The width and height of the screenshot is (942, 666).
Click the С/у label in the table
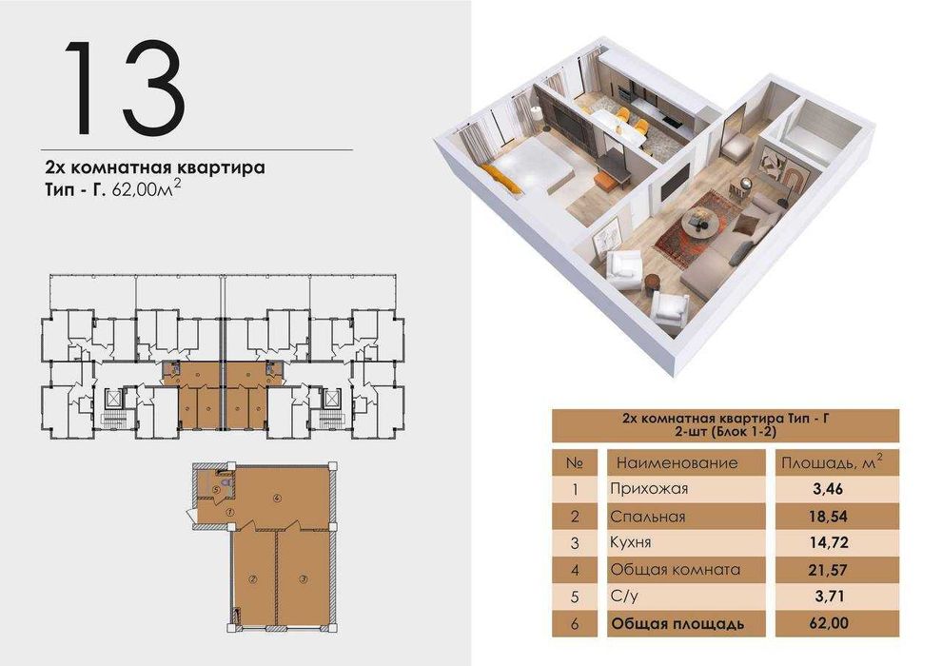tap(630, 597)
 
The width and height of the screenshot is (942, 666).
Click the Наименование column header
tap(677, 462)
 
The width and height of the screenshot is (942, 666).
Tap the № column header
tap(574, 462)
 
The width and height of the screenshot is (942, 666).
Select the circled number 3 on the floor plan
tap(303, 578)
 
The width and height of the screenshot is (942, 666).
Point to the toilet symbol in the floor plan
tap(224, 481)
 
